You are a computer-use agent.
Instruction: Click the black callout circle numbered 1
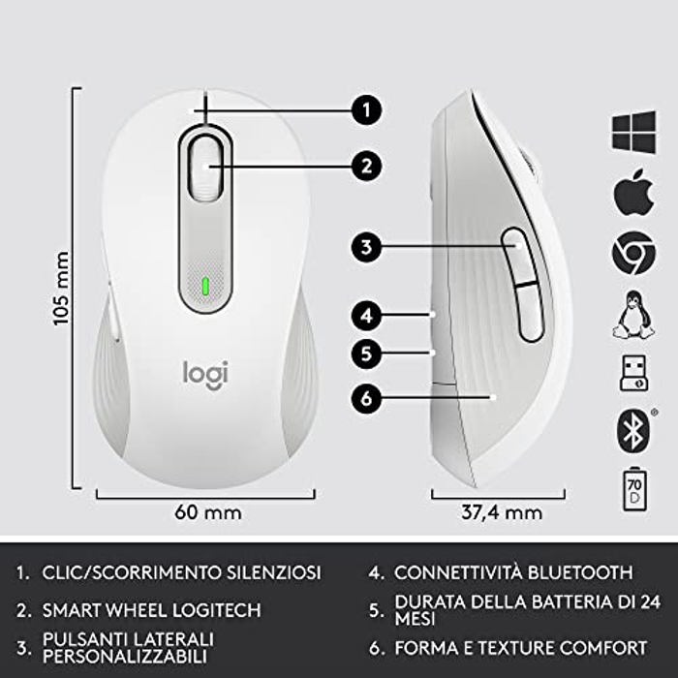pyautogui.click(x=366, y=110)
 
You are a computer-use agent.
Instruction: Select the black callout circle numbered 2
pyautogui.click(x=366, y=166)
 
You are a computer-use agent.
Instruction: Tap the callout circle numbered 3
pyautogui.click(x=366, y=247)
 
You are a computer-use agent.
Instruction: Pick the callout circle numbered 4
pyautogui.click(x=366, y=316)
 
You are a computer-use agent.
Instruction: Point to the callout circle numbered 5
pyautogui.click(x=366, y=354)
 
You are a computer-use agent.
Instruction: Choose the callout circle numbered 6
pyautogui.click(x=366, y=398)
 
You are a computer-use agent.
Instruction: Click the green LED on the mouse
pyautogui.click(x=205, y=286)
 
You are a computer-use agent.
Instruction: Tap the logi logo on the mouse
pyautogui.click(x=205, y=375)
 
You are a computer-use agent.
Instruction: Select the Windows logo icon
pyautogui.click(x=634, y=132)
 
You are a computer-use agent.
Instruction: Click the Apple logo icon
pyautogui.click(x=633, y=193)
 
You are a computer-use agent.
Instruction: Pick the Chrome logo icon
pyautogui.click(x=633, y=253)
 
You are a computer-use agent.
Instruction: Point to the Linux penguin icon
pyautogui.click(x=633, y=315)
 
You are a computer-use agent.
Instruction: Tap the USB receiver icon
pyautogui.click(x=633, y=373)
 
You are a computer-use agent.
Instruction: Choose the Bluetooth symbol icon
pyautogui.click(x=633, y=431)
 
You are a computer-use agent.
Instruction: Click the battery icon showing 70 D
pyautogui.click(x=634, y=489)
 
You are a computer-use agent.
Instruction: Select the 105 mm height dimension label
pyautogui.click(x=61, y=289)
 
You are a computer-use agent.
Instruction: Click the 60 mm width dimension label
pyautogui.click(x=208, y=512)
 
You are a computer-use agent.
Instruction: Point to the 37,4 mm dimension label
pyautogui.click(x=502, y=512)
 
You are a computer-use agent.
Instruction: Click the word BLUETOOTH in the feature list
pyautogui.click(x=580, y=572)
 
